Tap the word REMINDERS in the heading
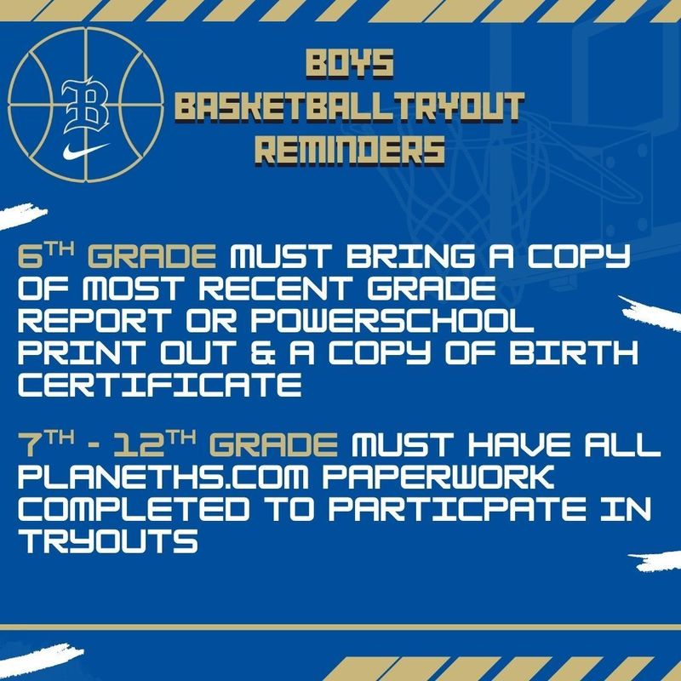[x=351, y=150]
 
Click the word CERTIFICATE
[x=159, y=387]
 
